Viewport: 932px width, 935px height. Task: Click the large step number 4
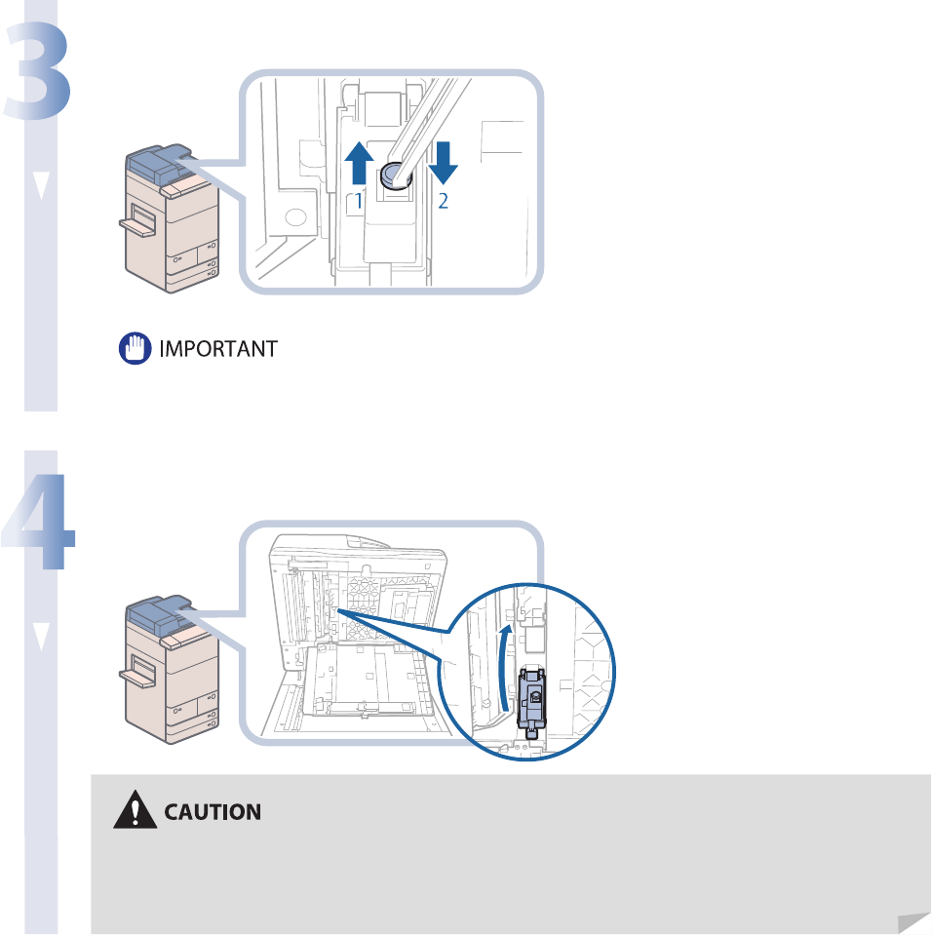coord(39,522)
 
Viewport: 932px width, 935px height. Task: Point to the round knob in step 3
coord(394,176)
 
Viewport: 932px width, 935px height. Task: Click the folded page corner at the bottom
coord(913,919)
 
